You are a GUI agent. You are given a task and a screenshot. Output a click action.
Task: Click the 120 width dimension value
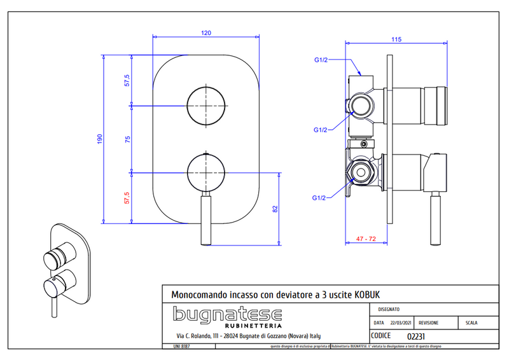coord(206,32)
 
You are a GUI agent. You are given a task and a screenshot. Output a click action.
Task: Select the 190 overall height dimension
coord(99,139)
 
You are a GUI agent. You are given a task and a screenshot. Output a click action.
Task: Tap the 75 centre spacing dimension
coord(127,140)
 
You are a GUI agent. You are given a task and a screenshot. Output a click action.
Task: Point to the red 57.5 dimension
coord(127,198)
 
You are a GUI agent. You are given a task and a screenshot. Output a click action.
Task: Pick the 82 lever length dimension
coord(275,209)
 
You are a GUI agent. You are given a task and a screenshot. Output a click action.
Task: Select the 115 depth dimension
coord(396,39)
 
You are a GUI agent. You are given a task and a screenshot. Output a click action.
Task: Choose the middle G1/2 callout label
coord(321,130)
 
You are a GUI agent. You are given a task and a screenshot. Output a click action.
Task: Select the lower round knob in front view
coord(206,172)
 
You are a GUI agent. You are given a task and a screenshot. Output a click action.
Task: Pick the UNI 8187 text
coord(181,347)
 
